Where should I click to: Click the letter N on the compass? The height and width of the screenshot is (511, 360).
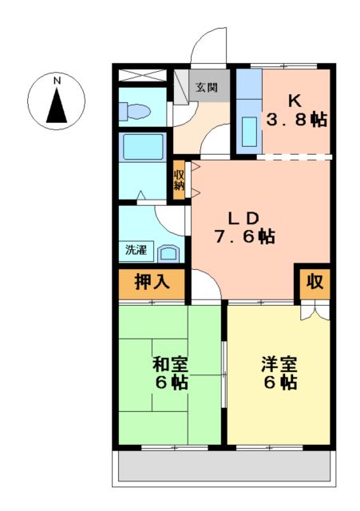[x=57, y=81]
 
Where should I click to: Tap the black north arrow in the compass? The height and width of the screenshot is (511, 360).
[x=57, y=106]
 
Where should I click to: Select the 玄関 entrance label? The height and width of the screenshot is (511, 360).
[x=208, y=87]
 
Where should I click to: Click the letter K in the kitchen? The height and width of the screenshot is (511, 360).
[x=295, y=101]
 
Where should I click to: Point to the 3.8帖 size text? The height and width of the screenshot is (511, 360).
[x=296, y=121]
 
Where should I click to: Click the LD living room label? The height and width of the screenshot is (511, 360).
[x=243, y=218]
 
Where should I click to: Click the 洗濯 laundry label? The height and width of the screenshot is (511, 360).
[x=135, y=250]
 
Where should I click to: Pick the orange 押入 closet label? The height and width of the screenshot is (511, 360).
[x=152, y=282]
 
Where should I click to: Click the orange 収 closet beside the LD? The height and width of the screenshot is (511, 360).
[x=315, y=282]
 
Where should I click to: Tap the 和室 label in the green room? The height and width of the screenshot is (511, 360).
[x=170, y=365]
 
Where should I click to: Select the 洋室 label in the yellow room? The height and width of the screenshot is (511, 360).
[x=279, y=365]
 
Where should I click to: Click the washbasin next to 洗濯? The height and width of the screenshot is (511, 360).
[x=170, y=253]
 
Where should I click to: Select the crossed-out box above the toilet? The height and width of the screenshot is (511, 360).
[x=141, y=77]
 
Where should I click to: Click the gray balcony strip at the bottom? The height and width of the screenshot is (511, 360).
[x=224, y=467]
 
